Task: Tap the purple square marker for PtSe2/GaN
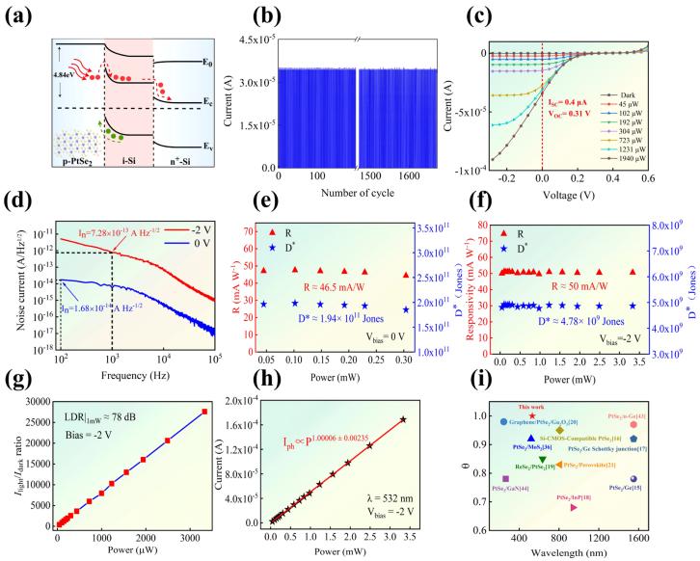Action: [507, 478]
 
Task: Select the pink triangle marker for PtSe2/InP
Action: [575, 507]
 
